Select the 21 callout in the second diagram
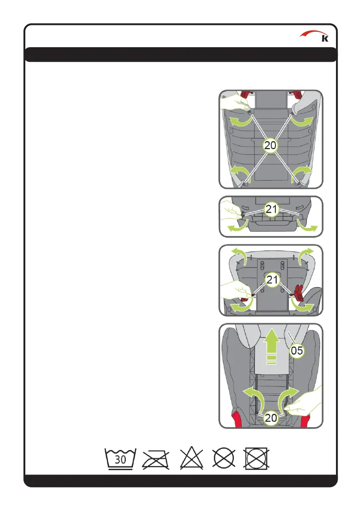click(x=271, y=209)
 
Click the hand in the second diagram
click(x=231, y=211)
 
